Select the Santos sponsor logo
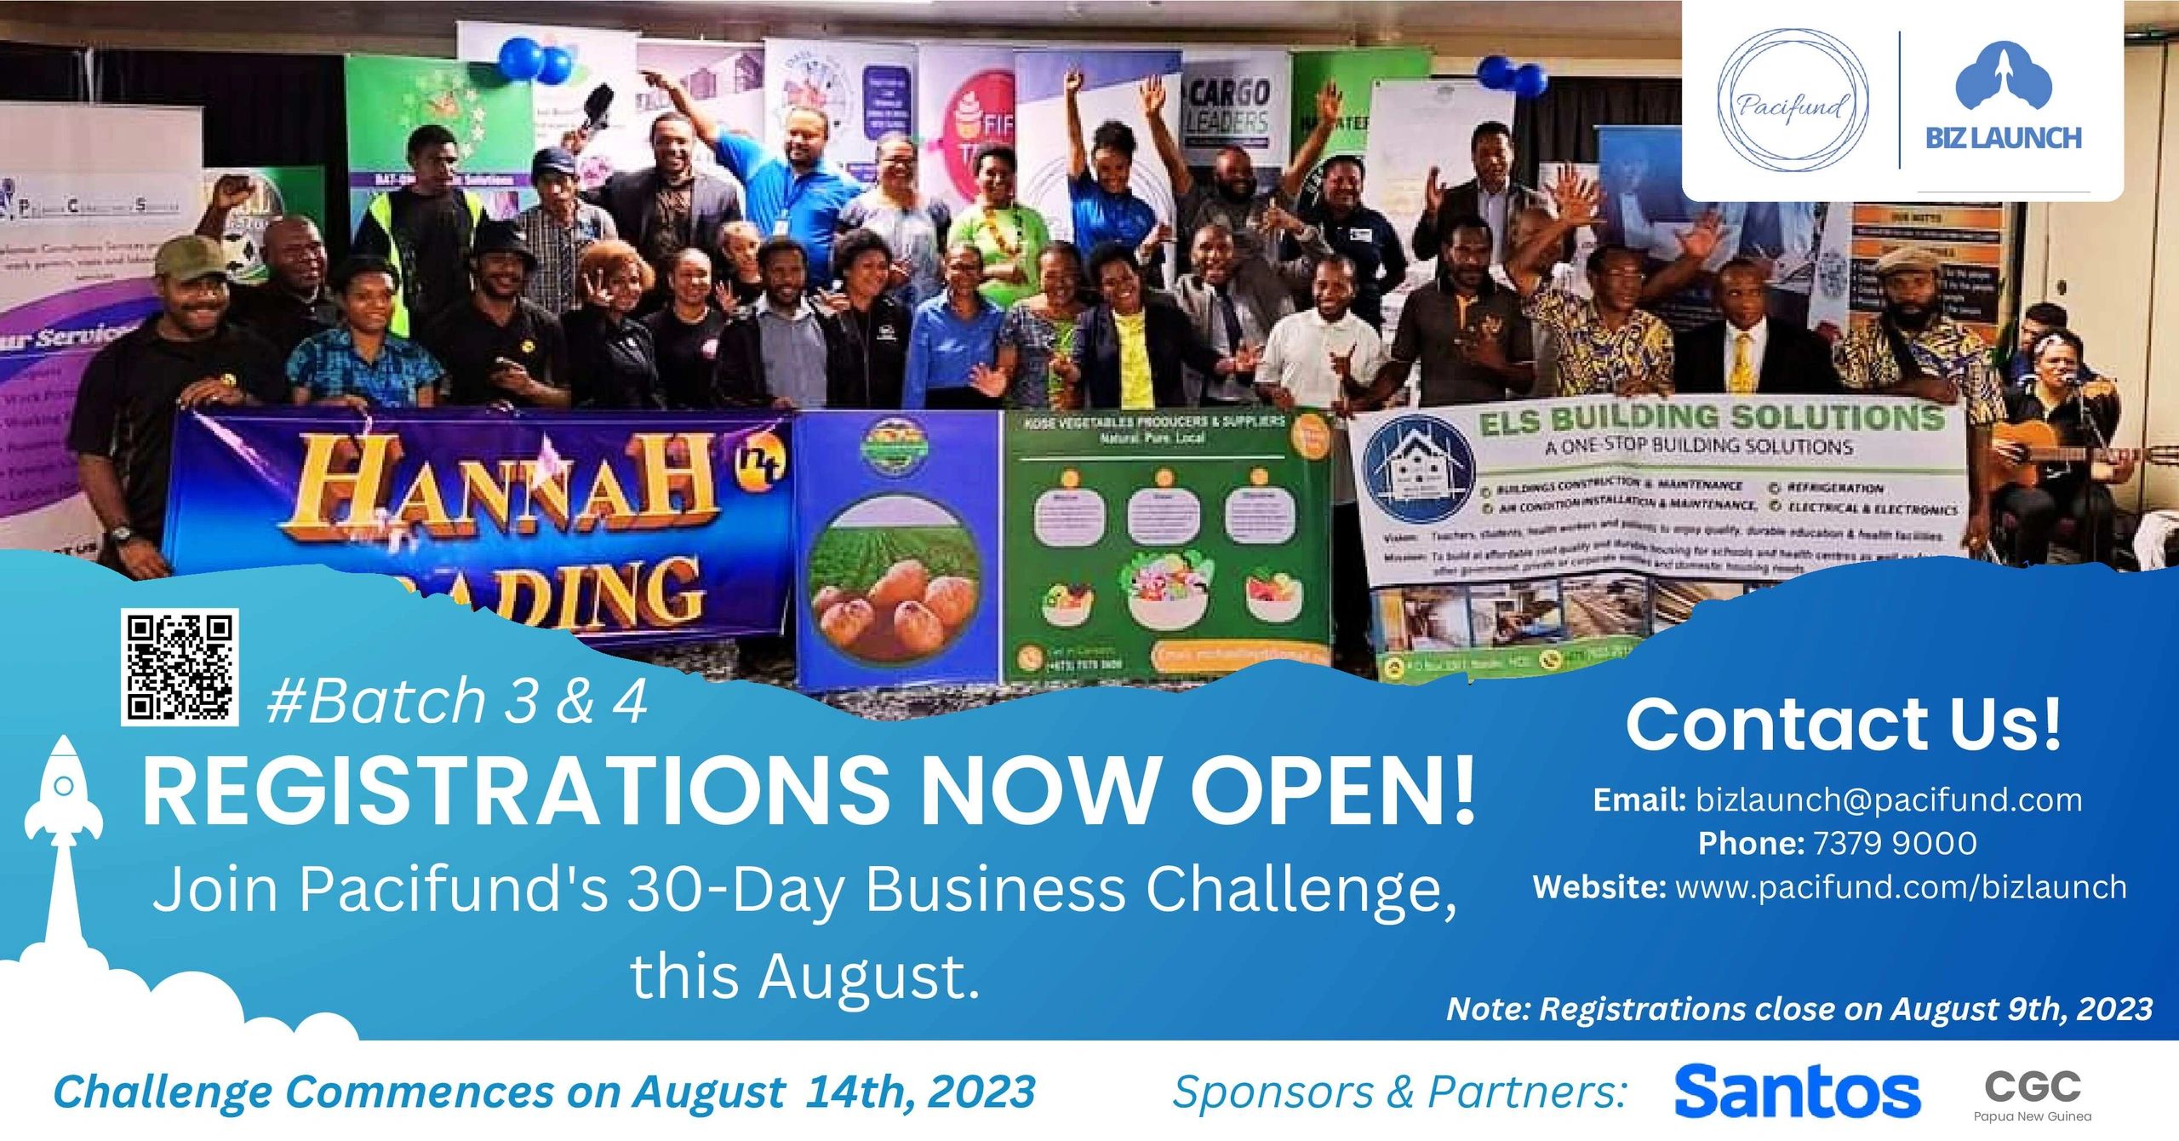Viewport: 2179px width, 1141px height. pos(1797,1092)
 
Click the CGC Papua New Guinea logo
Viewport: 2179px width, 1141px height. pos(2032,1094)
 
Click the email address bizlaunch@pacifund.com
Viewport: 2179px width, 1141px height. pos(1888,800)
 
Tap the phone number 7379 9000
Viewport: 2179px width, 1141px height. pos(1895,843)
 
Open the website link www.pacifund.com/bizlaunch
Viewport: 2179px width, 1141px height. pos(1901,887)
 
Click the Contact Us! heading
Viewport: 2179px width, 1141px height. pos(1844,725)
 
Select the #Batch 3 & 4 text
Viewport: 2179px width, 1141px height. pos(456,702)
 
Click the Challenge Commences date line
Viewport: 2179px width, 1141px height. pos(545,1092)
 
